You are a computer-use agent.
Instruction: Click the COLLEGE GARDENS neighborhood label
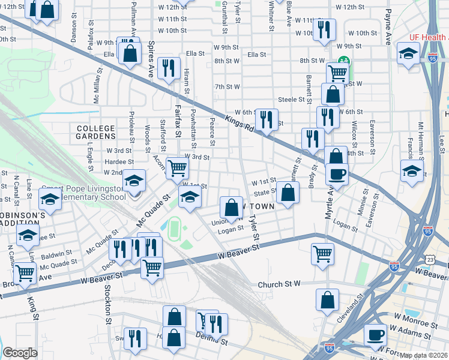coord(95,132)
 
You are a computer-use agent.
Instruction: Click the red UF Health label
coord(429,37)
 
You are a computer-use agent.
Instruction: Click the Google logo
coord(20,353)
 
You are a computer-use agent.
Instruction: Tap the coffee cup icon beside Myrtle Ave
coord(337,173)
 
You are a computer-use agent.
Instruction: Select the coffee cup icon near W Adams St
coord(376,334)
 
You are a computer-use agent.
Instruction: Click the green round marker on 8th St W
coord(344,60)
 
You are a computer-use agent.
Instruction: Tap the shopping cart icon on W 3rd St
coord(177,167)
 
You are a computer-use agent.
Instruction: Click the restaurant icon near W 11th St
coord(324,29)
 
